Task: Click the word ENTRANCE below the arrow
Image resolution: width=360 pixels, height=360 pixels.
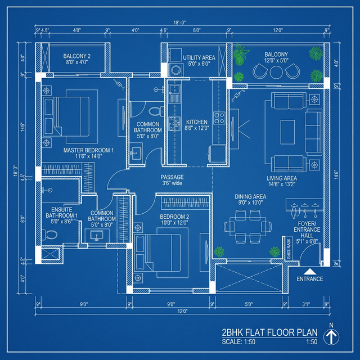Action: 309,279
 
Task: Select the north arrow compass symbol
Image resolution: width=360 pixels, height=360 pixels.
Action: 332,336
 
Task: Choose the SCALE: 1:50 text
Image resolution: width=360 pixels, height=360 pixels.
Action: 238,342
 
